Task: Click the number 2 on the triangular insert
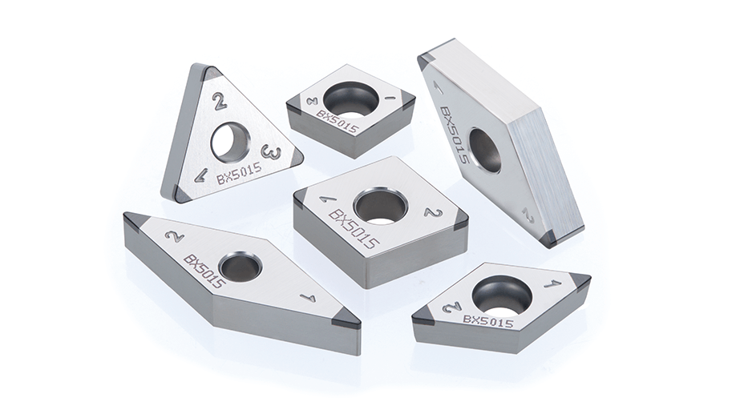coord(219,102)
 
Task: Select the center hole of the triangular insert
coord(230,140)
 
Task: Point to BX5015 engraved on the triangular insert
coord(239,174)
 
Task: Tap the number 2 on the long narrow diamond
coord(174,235)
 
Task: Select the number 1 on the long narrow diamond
coord(308,298)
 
